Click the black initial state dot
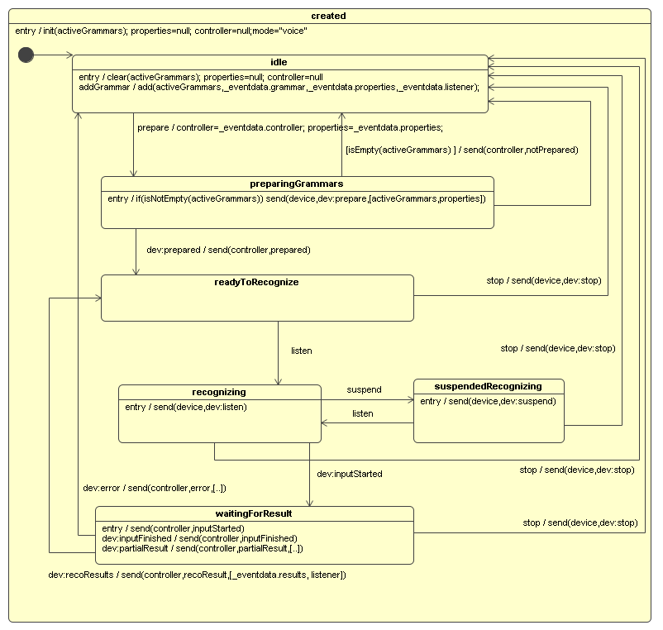26,55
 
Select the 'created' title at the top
329,16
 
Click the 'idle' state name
279,62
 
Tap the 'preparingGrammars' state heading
296,184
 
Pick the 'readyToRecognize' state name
256,282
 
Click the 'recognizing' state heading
219,392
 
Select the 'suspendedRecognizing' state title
488,386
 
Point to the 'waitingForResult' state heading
253,513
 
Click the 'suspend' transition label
364,389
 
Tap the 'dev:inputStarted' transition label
350,474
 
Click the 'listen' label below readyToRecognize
302,351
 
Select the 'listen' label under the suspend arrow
362,413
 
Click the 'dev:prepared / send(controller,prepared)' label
228,249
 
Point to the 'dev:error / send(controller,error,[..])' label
155,488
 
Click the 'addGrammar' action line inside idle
279,86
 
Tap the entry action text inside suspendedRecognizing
488,401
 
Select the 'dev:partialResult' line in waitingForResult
202,548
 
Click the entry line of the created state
161,31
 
